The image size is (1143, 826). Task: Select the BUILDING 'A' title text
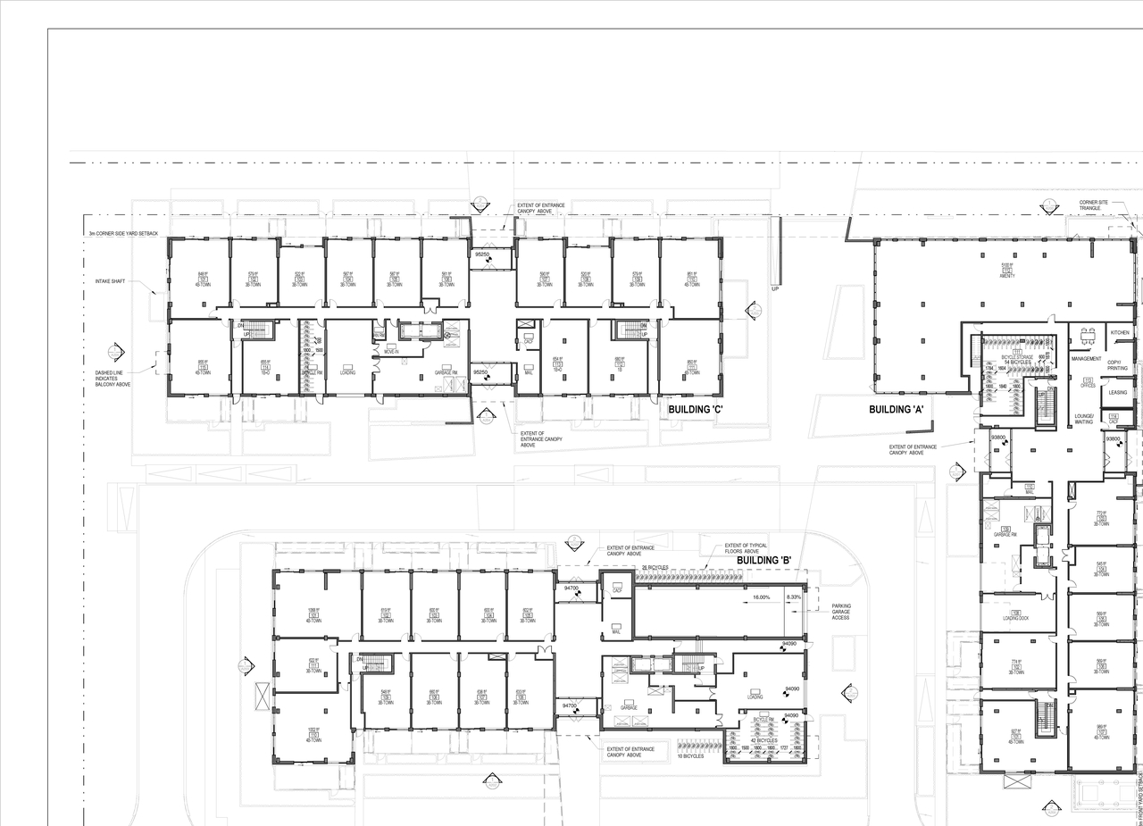point(896,410)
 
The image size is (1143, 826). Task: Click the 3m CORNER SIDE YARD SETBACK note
point(123,234)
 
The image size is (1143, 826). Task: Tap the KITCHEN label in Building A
point(1119,332)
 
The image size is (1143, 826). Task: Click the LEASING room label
point(1117,392)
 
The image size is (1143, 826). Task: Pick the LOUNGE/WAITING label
point(1086,420)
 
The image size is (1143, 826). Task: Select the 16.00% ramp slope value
point(761,597)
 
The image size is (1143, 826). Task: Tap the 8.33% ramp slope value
point(793,597)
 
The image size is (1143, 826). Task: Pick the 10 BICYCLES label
point(690,756)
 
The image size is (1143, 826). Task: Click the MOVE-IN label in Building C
point(391,352)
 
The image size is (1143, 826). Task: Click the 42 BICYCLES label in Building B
point(763,740)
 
